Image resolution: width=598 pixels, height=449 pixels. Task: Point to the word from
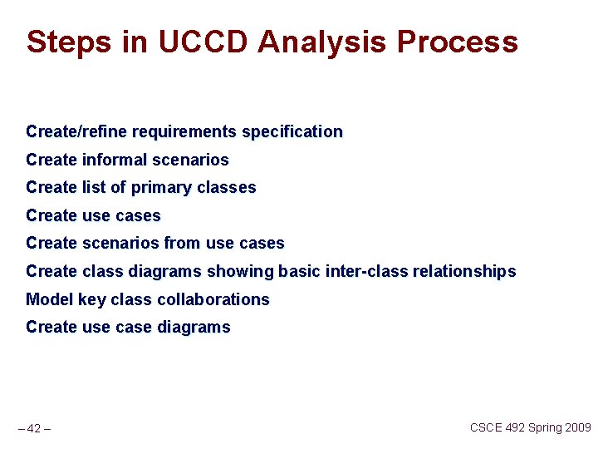(x=181, y=244)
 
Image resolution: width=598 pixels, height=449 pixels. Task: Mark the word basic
(x=297, y=272)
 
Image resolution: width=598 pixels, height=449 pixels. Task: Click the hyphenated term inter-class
(x=362, y=272)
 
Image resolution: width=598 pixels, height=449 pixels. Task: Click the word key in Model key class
(x=91, y=300)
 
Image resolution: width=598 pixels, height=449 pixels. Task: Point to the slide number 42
(x=34, y=429)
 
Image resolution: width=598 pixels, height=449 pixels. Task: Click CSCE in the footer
(x=486, y=427)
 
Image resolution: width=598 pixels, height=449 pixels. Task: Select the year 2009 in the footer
(x=577, y=427)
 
